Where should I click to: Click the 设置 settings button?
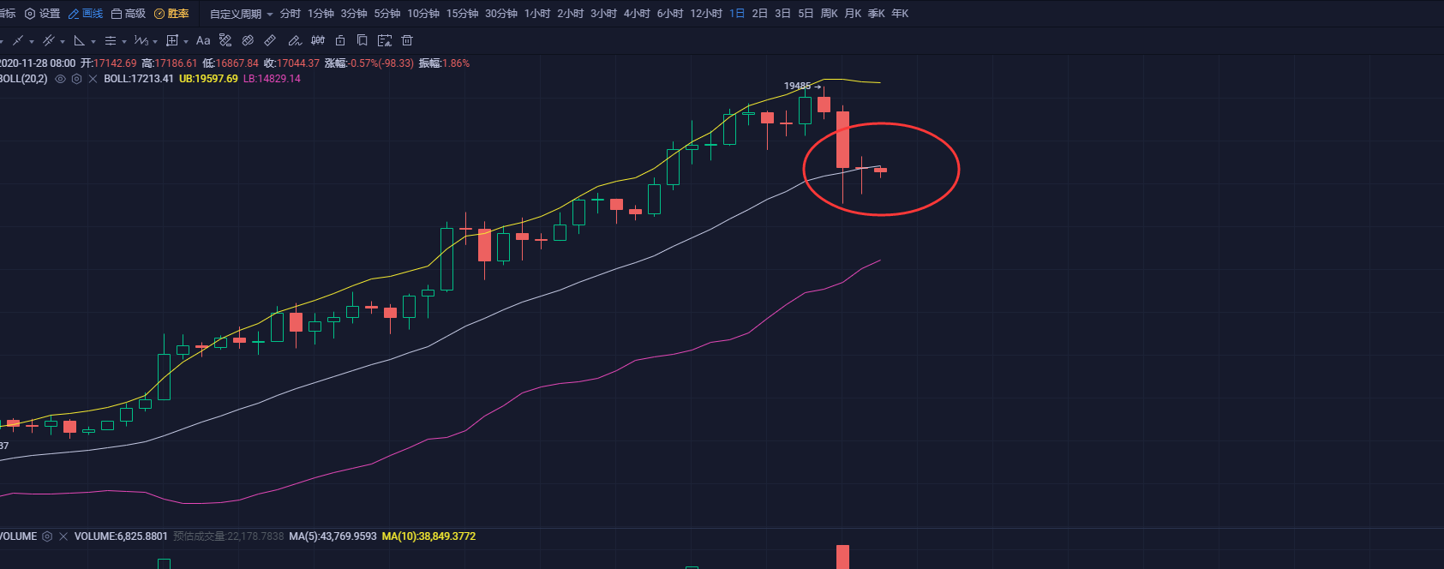(43, 14)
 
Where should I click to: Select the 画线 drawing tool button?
(86, 14)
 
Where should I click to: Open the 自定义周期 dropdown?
(241, 14)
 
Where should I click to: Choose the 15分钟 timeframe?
(462, 14)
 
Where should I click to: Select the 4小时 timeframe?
(637, 14)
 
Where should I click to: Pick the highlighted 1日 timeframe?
(737, 14)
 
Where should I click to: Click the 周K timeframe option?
(829, 14)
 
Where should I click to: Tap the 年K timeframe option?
(900, 14)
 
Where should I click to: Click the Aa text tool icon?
(203, 40)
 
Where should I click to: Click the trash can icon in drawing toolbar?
(407, 40)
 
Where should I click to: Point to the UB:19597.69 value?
(208, 79)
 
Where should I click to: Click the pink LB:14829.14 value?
(272, 79)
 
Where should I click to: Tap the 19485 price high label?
(797, 86)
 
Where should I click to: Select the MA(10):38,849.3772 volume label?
(428, 536)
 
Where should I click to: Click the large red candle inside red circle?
(843, 139)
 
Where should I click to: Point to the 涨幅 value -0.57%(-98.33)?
(380, 63)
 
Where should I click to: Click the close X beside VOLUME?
(63, 536)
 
